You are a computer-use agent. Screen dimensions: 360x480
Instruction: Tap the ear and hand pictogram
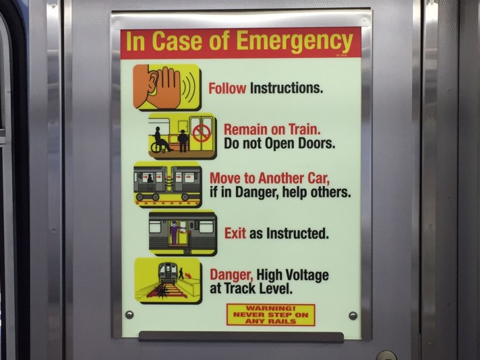[x=166, y=87]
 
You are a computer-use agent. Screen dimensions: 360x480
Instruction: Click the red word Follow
[x=227, y=88]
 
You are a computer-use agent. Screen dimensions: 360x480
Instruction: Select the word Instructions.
[x=287, y=88]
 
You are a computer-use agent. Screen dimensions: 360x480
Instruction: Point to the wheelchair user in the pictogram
[x=160, y=140]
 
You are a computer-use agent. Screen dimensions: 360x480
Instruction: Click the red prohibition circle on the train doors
[x=200, y=132]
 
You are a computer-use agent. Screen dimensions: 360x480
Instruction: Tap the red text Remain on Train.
[x=272, y=129]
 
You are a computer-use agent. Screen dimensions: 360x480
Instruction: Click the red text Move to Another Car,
[x=270, y=179]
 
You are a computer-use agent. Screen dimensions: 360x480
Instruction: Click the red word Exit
[x=235, y=234]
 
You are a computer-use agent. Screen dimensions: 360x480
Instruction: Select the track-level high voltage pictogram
[x=167, y=280]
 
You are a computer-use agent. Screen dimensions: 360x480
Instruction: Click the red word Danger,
[x=231, y=275]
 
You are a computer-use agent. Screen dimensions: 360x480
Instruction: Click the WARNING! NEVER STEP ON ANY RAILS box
[x=270, y=314]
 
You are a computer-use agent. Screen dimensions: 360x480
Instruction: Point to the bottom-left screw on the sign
[x=129, y=315]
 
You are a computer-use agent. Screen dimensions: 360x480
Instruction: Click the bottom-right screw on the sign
[x=353, y=316]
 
